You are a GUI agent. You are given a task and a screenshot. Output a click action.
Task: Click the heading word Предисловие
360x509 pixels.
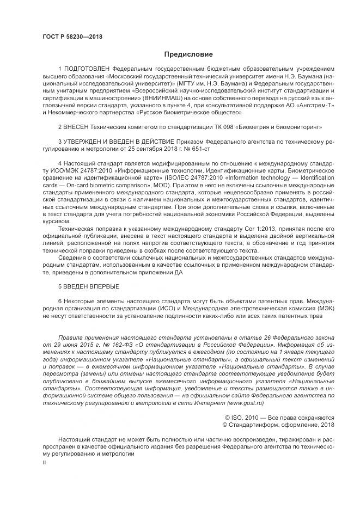coord(181,54)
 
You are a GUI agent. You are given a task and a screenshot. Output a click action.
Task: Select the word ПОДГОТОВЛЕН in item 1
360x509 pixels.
coord(87,70)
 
